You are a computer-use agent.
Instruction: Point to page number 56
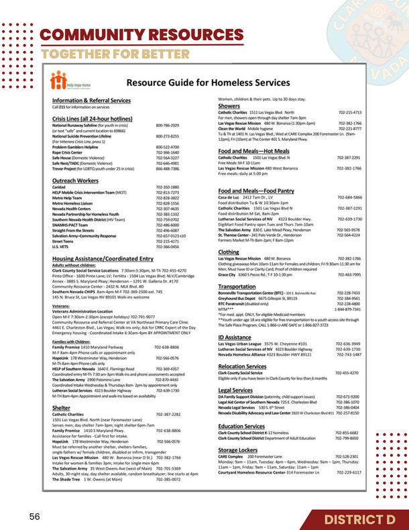click(34, 517)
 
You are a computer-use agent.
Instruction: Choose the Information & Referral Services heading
click(91, 100)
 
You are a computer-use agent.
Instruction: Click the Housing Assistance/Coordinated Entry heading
click(103, 258)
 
